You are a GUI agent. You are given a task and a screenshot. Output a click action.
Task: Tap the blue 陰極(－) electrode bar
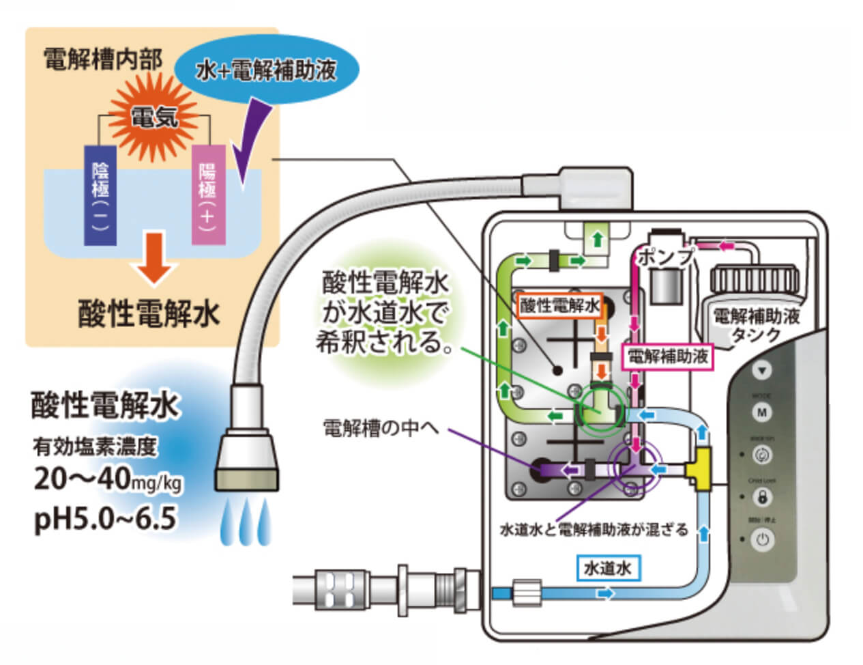click(x=100, y=195)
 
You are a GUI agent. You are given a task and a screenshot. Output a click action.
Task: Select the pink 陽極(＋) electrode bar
click(x=208, y=195)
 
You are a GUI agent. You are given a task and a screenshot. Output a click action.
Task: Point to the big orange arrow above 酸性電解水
click(x=156, y=258)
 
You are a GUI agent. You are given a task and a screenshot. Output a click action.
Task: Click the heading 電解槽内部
click(x=102, y=59)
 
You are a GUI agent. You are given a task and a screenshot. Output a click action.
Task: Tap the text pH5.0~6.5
click(x=105, y=520)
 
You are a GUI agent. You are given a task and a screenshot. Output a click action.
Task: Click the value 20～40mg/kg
click(x=108, y=480)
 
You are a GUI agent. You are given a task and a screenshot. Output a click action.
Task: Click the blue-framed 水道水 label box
click(x=606, y=567)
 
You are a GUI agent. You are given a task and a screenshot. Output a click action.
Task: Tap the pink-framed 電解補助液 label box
click(x=668, y=356)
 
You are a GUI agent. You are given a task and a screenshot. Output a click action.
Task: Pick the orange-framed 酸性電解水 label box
click(x=559, y=305)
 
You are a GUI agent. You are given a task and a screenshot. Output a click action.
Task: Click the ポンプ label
click(x=665, y=257)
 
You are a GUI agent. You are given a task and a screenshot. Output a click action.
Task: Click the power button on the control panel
click(x=762, y=540)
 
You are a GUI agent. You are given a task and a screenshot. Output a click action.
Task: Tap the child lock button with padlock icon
click(x=762, y=497)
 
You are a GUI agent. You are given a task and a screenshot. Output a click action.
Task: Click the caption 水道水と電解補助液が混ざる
click(x=594, y=529)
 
